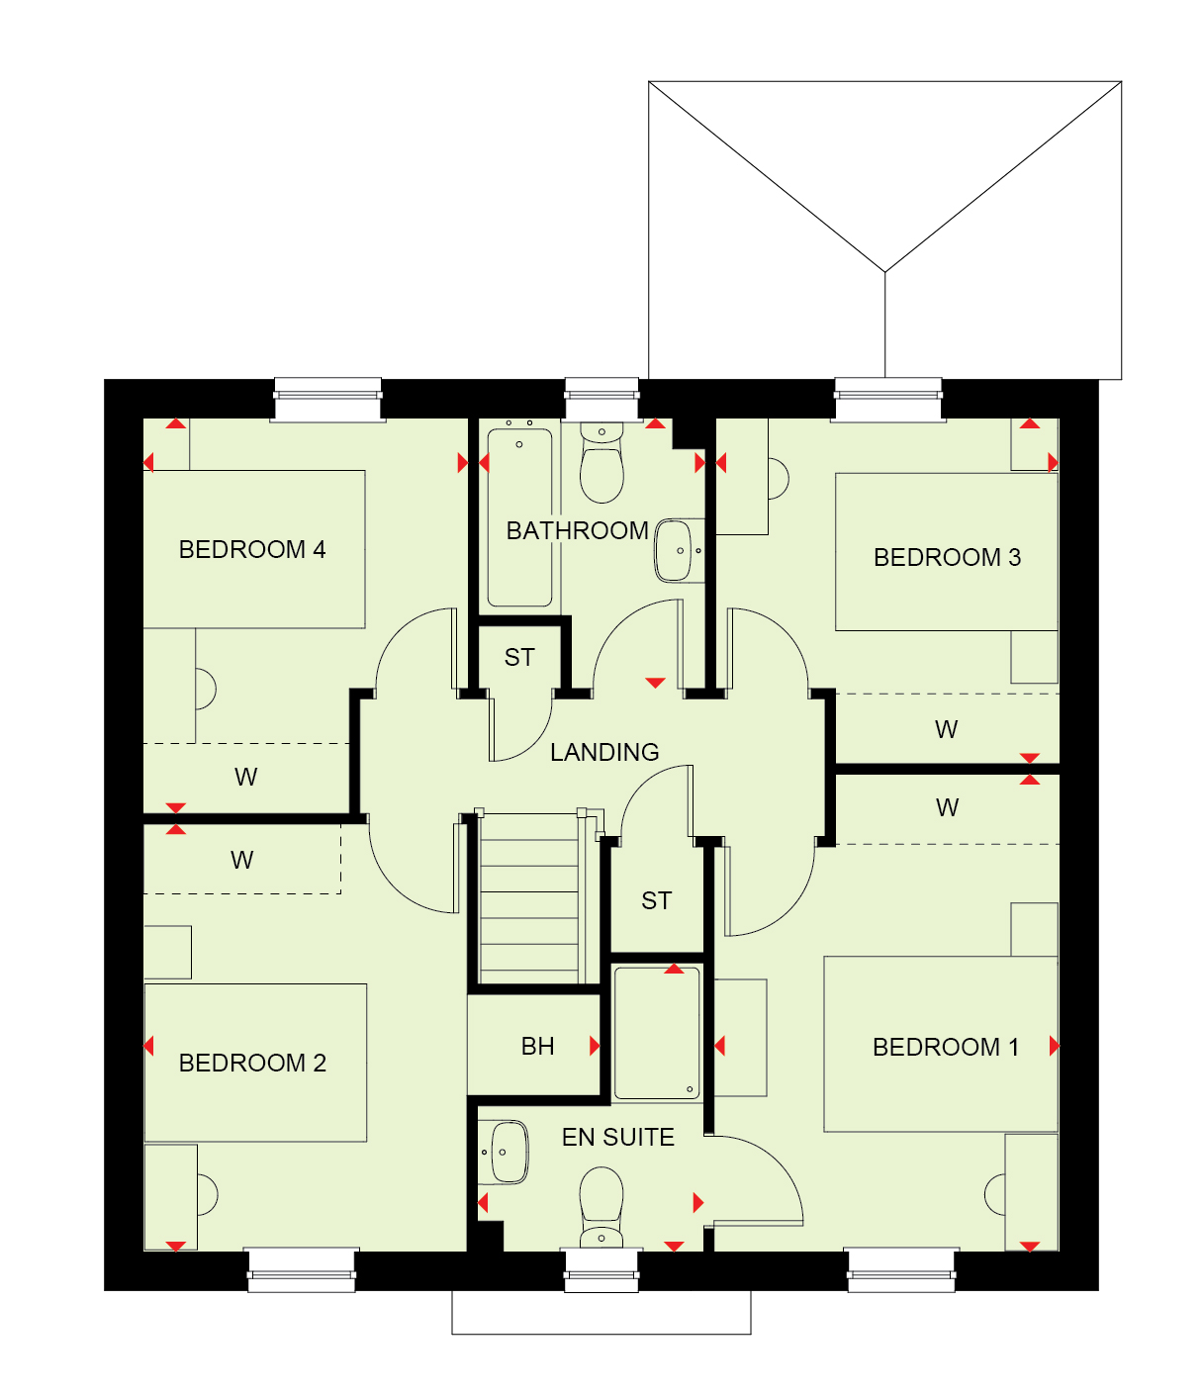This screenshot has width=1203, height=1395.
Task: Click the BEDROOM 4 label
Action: tap(251, 549)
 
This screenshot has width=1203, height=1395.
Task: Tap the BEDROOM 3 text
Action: tap(947, 557)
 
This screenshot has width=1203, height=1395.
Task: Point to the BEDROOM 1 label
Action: tap(945, 1047)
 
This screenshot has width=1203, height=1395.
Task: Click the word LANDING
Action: tap(604, 752)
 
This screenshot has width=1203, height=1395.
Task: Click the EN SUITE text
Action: tap(618, 1137)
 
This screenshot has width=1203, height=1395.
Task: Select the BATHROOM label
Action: tap(578, 531)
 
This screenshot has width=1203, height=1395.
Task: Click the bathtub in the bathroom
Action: tap(519, 516)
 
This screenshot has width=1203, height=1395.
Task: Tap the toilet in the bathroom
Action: tap(601, 464)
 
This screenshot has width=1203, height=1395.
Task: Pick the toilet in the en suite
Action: tap(601, 1208)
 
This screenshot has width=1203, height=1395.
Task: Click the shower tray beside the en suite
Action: tap(657, 1033)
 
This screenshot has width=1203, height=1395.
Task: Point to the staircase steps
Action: tap(529, 898)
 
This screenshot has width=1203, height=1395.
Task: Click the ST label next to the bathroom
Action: tap(519, 657)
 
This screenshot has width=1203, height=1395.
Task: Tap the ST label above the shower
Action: tap(657, 900)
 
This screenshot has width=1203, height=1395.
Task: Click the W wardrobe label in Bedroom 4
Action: tap(245, 777)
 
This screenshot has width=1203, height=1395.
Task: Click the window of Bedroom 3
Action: tap(888, 400)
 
